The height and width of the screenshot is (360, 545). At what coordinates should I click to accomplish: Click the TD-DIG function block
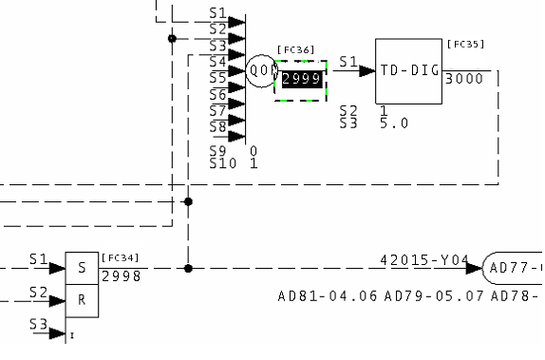(x=408, y=71)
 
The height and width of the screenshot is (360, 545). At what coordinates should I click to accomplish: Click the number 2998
(x=121, y=275)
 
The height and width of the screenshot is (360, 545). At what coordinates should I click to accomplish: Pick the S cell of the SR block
(x=81, y=268)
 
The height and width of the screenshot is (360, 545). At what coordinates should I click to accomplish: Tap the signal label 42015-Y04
(x=424, y=260)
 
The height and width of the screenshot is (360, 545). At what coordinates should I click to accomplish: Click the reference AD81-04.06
(x=327, y=296)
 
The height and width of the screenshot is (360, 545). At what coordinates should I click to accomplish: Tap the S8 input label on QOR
(x=217, y=126)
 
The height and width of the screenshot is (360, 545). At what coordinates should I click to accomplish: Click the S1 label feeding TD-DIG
(x=348, y=62)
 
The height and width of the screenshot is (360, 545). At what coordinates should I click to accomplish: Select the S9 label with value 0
(x=219, y=151)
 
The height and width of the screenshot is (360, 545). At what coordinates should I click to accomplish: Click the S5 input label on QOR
(x=217, y=76)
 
